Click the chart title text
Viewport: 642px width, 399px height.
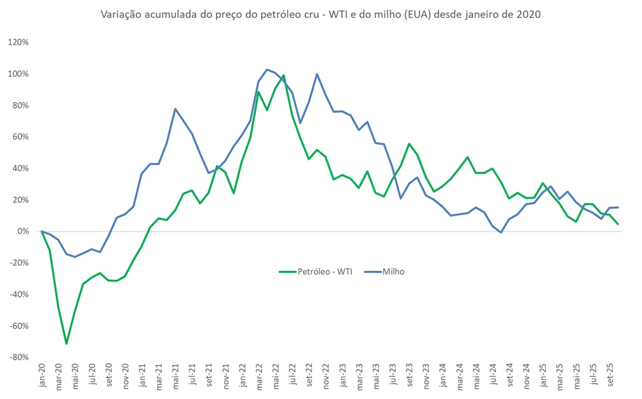click(321, 15)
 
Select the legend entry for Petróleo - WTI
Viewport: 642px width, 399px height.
click(324, 271)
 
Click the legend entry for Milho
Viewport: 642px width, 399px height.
click(393, 271)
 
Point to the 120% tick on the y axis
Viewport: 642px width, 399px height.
click(18, 43)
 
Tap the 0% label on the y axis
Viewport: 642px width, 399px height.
click(23, 232)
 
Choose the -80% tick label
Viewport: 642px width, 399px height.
click(18, 358)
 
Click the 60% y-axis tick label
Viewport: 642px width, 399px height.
click(20, 137)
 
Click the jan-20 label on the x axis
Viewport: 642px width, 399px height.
click(41, 375)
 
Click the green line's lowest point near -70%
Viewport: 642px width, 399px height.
click(66, 344)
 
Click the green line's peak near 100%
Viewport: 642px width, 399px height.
click(283, 75)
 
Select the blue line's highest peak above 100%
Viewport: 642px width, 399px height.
click(267, 69)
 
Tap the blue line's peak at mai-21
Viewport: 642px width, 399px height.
click(175, 109)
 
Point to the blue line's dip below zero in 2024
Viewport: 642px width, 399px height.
click(501, 233)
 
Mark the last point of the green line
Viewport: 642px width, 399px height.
click(618, 224)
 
